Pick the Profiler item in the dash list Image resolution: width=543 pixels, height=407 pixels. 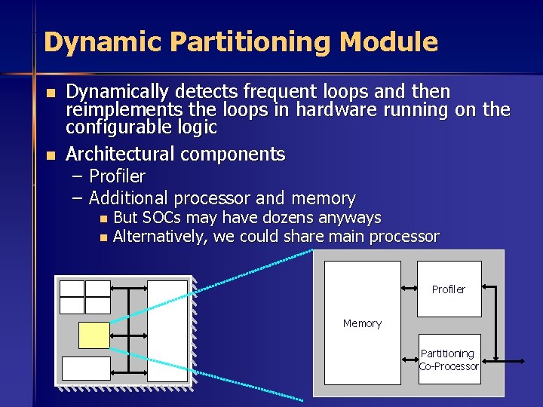tap(117, 176)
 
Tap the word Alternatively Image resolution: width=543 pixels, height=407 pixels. tap(161, 237)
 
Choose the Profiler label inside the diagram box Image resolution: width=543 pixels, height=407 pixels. tap(449, 289)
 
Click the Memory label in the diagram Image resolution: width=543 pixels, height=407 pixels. tap(362, 323)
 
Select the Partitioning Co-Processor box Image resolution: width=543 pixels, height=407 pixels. tap(449, 360)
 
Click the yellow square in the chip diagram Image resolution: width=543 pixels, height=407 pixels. tap(94, 335)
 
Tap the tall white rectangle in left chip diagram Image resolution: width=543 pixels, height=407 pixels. tap(167, 331)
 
